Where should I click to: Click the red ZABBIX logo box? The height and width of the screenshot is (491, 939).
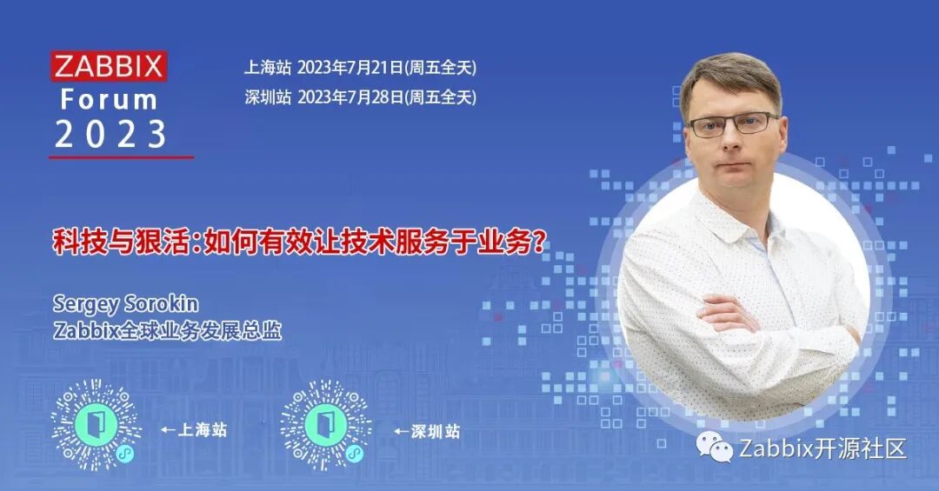click(x=109, y=66)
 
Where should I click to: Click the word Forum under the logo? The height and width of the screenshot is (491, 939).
click(x=110, y=99)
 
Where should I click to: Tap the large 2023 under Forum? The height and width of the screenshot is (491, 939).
click(x=110, y=134)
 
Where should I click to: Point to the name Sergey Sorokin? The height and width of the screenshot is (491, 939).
click(x=125, y=303)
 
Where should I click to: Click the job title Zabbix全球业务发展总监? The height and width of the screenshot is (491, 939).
click(x=167, y=331)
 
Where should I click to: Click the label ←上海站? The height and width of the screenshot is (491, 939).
click(x=194, y=430)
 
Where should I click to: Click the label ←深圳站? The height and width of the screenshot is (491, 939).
click(x=427, y=430)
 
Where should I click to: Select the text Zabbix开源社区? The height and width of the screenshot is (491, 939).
click(x=822, y=448)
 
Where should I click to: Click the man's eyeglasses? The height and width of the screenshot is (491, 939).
click(x=732, y=123)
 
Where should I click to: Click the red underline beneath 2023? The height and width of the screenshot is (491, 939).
click(x=121, y=157)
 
